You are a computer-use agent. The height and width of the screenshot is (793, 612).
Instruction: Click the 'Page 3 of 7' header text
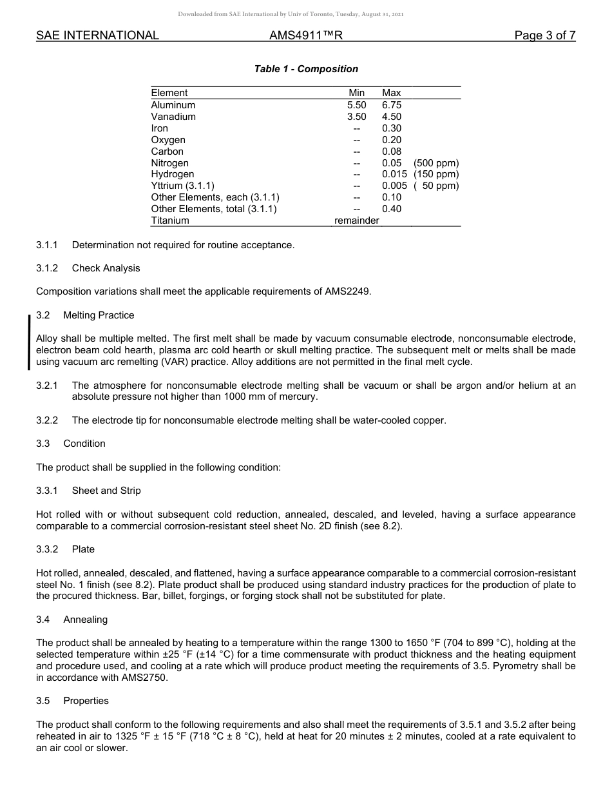pos(544,36)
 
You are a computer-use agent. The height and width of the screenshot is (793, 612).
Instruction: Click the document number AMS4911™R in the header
pos(306,36)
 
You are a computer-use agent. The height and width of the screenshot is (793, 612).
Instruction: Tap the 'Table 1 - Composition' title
pos(306,69)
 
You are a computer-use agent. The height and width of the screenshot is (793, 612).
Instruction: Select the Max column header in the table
pos(391,93)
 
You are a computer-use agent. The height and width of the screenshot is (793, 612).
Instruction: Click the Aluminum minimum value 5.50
pos(356,105)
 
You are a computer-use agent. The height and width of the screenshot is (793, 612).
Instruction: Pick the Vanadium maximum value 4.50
pos(391,117)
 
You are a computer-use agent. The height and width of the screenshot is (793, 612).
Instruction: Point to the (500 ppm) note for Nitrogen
pos(436,163)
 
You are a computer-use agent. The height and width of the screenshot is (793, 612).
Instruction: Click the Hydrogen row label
pos(172,174)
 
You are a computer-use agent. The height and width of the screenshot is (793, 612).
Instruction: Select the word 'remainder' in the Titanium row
pos(356,220)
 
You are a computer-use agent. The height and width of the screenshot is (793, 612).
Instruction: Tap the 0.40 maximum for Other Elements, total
pos(391,209)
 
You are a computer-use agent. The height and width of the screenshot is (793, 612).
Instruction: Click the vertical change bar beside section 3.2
pos(29,342)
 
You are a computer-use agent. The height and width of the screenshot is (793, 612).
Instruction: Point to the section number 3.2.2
pos(47,420)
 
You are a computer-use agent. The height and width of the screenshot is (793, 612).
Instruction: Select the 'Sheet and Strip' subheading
pos(106,491)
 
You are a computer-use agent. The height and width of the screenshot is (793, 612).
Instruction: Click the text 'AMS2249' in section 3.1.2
pos(347,291)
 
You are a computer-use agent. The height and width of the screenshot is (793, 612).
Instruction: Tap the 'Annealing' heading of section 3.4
pos(85,620)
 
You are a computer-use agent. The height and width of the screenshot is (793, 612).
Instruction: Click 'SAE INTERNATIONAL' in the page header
pos(97,36)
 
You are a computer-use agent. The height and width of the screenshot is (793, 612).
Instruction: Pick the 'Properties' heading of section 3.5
pos(86,701)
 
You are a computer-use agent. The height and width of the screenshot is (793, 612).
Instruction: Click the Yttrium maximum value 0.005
pos(394,186)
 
